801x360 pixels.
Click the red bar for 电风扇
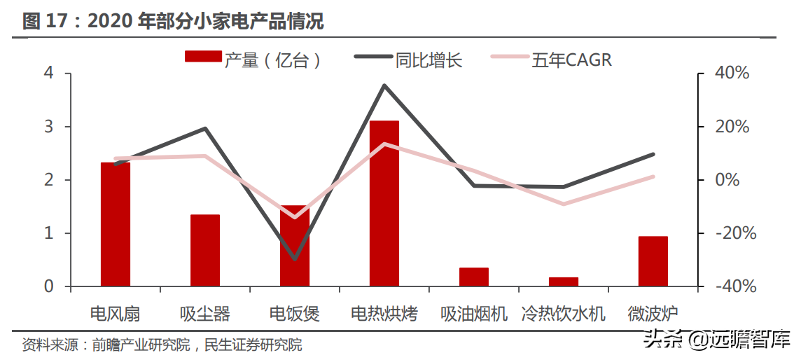coord(116,224)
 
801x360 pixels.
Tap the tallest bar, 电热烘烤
coord(384,203)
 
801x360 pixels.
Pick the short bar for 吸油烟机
coord(474,277)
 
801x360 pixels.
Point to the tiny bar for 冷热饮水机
coord(564,282)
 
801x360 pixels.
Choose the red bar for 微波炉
coord(653,261)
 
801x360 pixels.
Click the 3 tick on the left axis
coord(48,127)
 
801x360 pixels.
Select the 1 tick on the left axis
coord(48,233)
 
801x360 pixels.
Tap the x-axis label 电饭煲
coord(295,313)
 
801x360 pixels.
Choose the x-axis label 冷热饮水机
coord(564,313)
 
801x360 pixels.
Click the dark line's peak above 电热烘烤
coord(384,85)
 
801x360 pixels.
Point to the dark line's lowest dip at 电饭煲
coord(295,259)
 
